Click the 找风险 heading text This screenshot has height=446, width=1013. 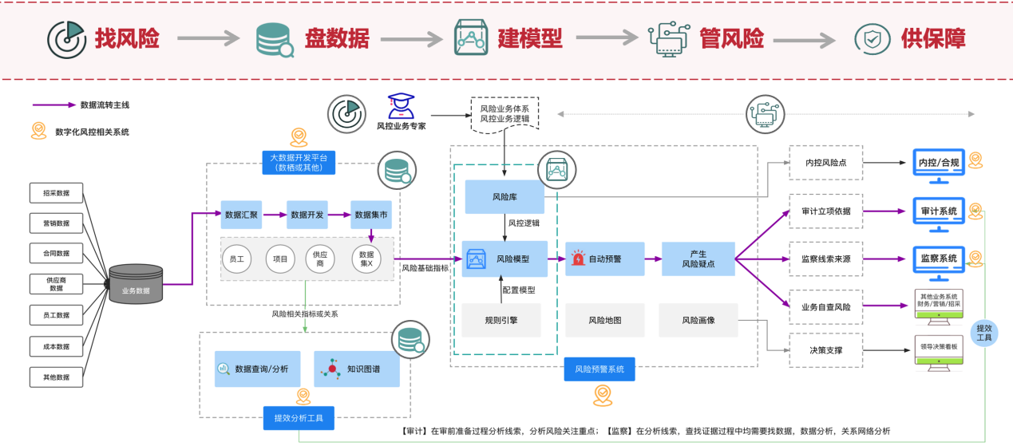pyautogui.click(x=127, y=37)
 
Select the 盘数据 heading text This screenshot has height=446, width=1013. pyautogui.click(x=336, y=37)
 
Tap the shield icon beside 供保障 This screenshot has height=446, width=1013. pyautogui.click(x=873, y=37)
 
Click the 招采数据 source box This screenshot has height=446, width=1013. pyautogui.click(x=56, y=193)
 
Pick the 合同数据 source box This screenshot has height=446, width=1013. pyautogui.click(x=56, y=254)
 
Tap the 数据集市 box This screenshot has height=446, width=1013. pyautogui.click(x=373, y=215)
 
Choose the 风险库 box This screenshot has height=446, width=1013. pyautogui.click(x=505, y=196)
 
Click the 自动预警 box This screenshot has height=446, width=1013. pyautogui.click(x=604, y=259)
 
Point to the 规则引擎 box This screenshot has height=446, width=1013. pyautogui.click(x=501, y=320)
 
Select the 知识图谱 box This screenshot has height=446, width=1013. pyautogui.click(x=356, y=369)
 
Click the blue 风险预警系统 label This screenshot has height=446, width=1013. pyautogui.click(x=604, y=369)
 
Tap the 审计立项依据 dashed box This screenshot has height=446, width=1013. pyautogui.click(x=825, y=211)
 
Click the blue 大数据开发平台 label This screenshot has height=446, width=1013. pyautogui.click(x=298, y=162)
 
